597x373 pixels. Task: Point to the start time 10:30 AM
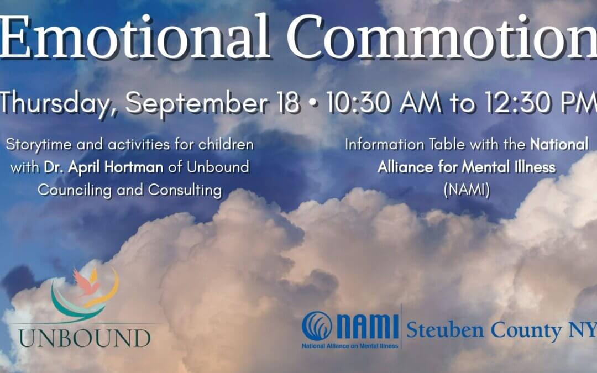[384, 103]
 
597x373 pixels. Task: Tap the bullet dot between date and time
[312, 103]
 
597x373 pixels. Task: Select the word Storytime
[39, 145]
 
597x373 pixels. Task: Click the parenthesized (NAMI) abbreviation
[467, 190]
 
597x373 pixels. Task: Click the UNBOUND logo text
[85, 338]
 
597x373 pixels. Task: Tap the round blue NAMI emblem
[317, 326]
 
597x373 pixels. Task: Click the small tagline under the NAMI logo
[350, 346]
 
